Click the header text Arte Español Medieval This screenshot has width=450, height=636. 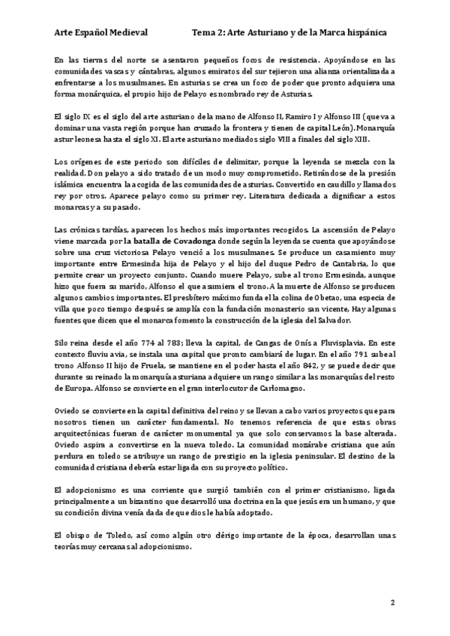click(x=101, y=33)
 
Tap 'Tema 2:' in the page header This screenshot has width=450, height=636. click(x=207, y=33)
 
